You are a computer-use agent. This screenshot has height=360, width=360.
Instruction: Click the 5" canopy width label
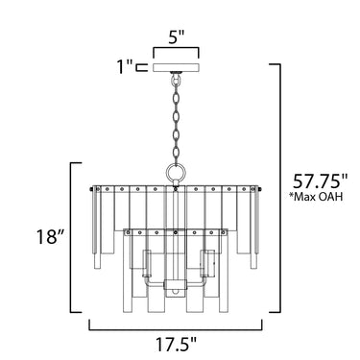177,37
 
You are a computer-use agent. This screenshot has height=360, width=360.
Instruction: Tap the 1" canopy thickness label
124,66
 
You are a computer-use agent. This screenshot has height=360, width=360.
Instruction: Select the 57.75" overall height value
320,182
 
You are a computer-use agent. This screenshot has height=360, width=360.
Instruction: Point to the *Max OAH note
316,197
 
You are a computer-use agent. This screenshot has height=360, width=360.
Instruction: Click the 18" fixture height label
51,237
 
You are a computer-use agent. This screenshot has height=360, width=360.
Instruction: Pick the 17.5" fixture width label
176,345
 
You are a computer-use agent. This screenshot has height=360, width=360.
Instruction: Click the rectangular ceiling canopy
177,67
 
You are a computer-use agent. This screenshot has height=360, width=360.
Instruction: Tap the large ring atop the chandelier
176,173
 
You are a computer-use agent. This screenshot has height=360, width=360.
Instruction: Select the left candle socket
147,263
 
